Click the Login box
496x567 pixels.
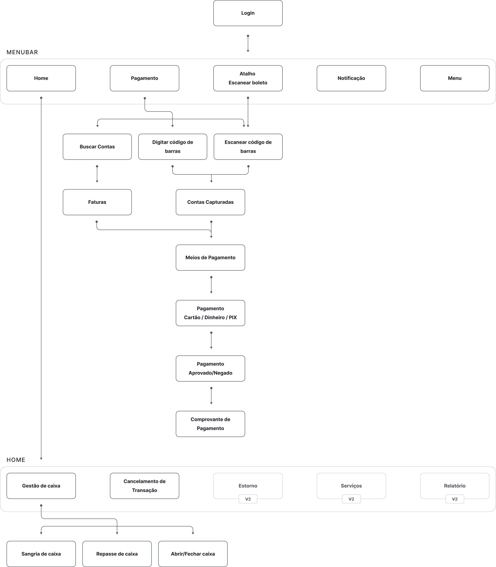(248, 13)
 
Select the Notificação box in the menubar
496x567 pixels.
(351, 78)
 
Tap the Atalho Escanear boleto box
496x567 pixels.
(248, 78)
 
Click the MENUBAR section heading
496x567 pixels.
(22, 52)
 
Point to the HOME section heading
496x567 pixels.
(16, 460)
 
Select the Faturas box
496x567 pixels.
(97, 202)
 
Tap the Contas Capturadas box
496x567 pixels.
(210, 202)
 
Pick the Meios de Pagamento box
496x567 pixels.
(210, 257)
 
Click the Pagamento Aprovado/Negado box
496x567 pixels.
(210, 368)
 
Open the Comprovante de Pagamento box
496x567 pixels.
(210, 424)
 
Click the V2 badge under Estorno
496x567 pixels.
(248, 499)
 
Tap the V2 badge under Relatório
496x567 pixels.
(454, 499)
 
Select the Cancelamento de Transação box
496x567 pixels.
(144, 486)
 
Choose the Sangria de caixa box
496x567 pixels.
(41, 554)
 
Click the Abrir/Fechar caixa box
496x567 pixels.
(193, 554)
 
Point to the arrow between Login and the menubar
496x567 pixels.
(248, 44)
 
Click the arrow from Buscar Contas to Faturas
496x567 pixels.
(97, 174)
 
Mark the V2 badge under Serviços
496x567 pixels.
(351, 499)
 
